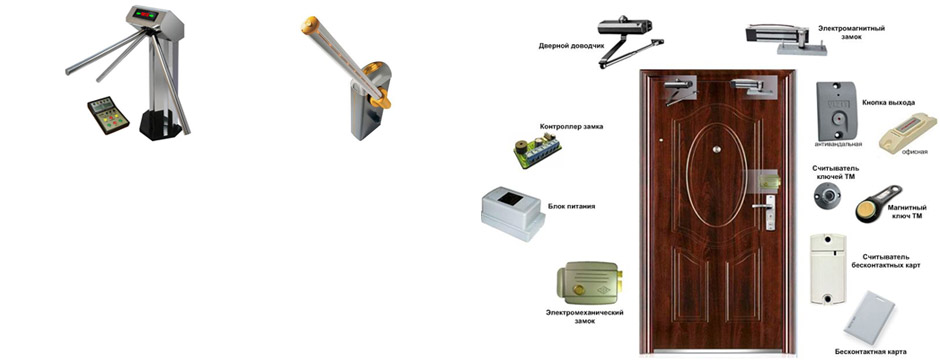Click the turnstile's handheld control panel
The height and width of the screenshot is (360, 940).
(x=108, y=115)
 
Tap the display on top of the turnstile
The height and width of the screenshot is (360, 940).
(x=146, y=15)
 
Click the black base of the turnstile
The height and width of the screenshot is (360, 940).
(x=161, y=125)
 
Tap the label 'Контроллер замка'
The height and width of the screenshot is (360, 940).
(x=571, y=127)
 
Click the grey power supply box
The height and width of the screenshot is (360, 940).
(x=512, y=213)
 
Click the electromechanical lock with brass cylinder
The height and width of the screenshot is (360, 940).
(x=589, y=286)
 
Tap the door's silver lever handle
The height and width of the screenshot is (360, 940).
(x=763, y=205)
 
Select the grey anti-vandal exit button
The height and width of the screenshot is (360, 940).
(x=837, y=111)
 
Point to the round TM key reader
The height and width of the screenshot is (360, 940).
(x=827, y=196)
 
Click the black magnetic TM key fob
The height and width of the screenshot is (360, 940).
(x=878, y=203)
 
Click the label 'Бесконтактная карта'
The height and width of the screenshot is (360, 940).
(x=870, y=352)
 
